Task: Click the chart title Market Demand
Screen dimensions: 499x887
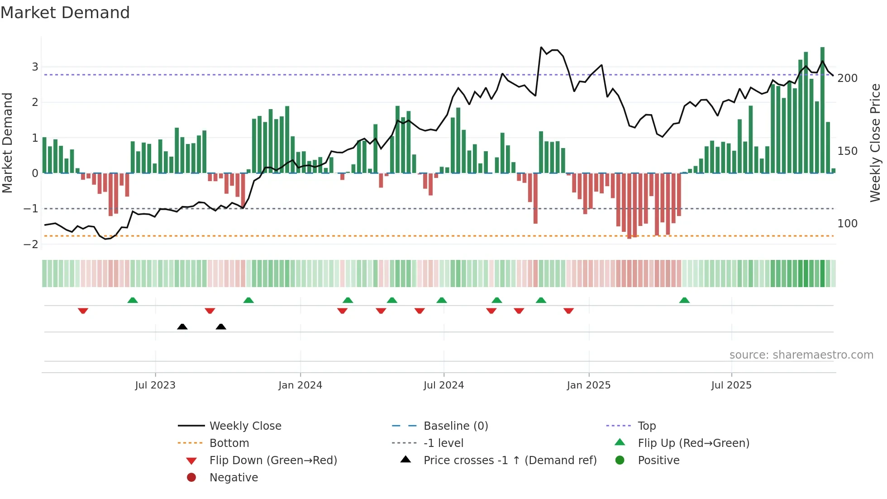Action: [x=65, y=13]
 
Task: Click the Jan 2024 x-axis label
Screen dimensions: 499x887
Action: [x=300, y=385]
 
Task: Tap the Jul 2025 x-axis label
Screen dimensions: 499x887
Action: [x=731, y=385]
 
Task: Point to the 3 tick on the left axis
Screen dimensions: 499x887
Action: [x=35, y=67]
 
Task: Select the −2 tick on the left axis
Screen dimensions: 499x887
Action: [x=31, y=245]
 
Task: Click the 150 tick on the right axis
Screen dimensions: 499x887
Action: [x=847, y=151]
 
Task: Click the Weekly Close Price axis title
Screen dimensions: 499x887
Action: [x=875, y=143]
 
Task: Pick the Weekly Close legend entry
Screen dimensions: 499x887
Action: [x=245, y=426]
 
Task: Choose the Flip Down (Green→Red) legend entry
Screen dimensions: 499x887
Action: [x=273, y=461]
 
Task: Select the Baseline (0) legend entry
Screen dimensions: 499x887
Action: [x=455, y=426]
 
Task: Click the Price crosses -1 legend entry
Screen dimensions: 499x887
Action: [x=510, y=461]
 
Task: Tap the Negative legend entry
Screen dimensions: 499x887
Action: [x=234, y=478]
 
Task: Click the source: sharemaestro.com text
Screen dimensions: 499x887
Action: [x=801, y=355]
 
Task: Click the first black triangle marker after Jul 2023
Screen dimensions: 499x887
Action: [x=182, y=327]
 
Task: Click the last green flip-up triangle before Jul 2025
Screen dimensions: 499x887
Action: [x=684, y=300]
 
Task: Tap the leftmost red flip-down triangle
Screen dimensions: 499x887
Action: [x=83, y=311]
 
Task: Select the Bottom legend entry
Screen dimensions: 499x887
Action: [x=229, y=443]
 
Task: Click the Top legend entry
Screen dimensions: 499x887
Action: [x=646, y=426]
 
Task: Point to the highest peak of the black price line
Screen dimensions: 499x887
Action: [x=541, y=47]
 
